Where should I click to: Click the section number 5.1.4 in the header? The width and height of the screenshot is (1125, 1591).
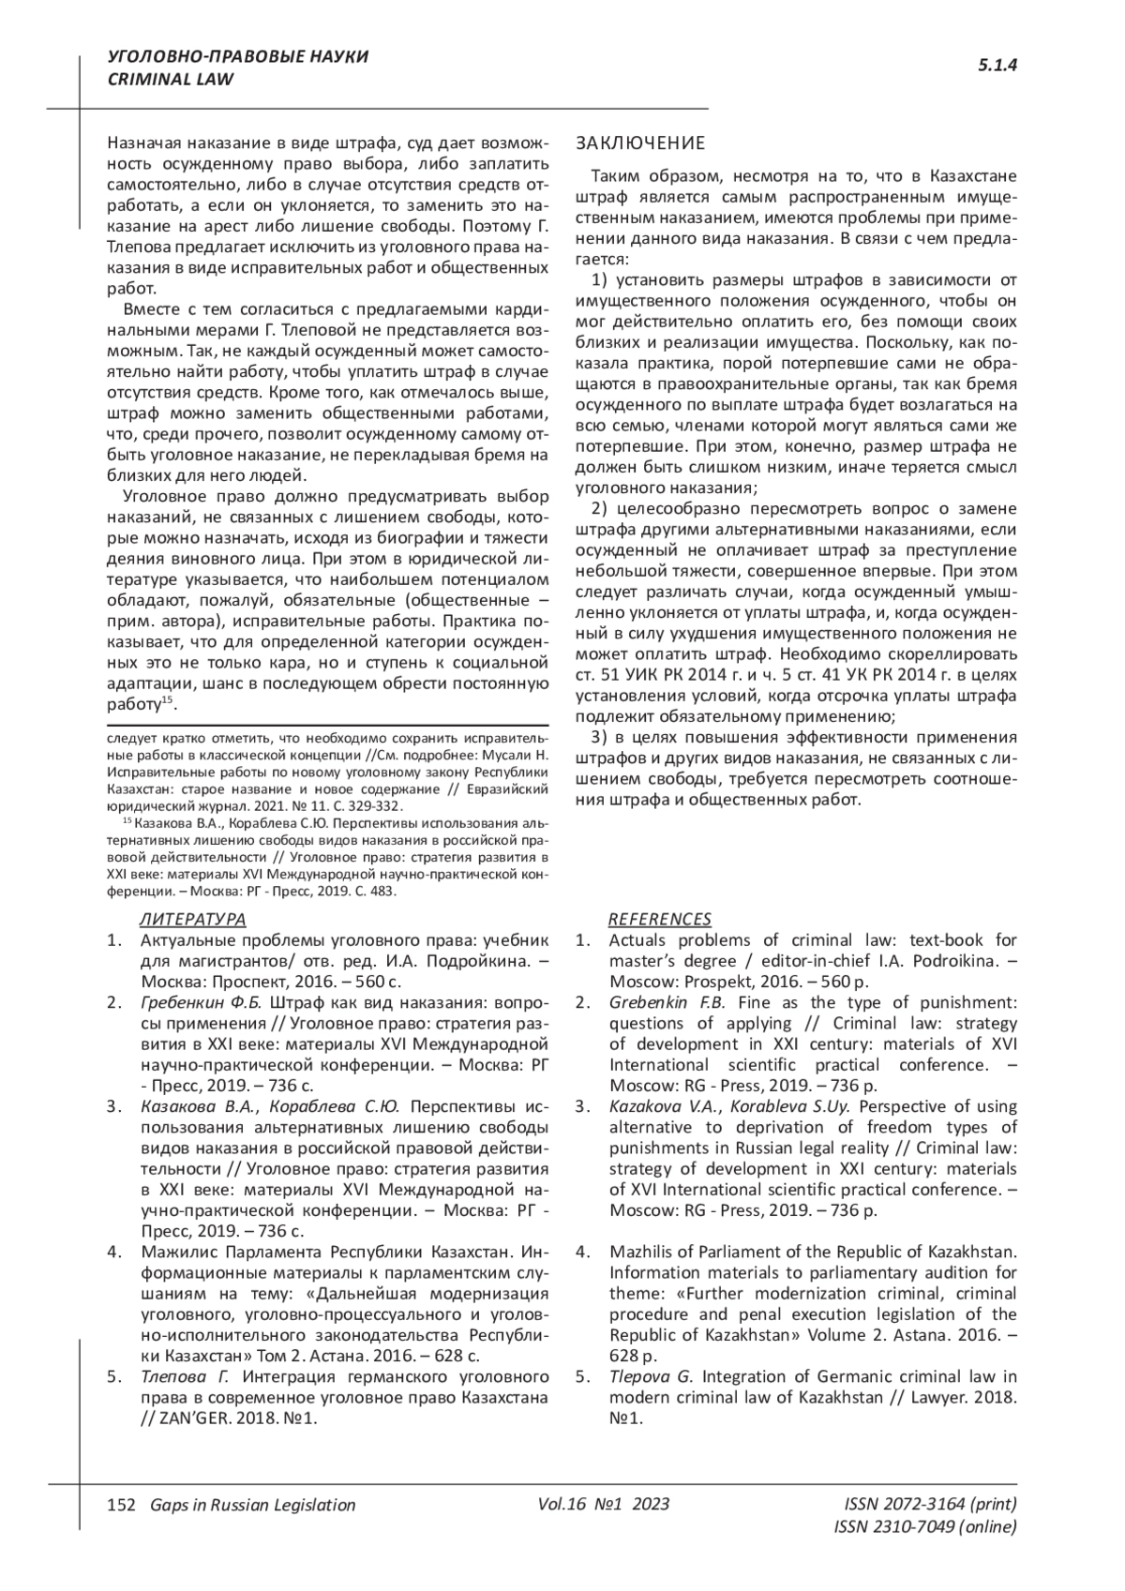(x=997, y=65)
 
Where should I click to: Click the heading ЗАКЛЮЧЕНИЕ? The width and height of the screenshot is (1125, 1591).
(x=639, y=143)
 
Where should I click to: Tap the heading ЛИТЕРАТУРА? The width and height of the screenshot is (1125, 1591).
(x=192, y=919)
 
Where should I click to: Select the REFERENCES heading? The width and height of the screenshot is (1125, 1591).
(x=660, y=919)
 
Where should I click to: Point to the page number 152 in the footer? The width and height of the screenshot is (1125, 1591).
(x=121, y=1505)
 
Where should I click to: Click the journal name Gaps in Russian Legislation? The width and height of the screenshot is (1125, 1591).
(x=247, y=1505)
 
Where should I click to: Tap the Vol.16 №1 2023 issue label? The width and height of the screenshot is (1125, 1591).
(x=604, y=1504)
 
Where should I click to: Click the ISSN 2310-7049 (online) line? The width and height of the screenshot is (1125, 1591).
(x=924, y=1526)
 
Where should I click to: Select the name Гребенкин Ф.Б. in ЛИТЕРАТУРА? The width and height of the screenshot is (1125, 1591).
(x=201, y=1002)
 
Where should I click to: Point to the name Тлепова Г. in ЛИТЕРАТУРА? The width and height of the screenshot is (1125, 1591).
(x=185, y=1376)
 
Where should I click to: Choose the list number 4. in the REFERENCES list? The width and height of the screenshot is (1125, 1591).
(x=582, y=1252)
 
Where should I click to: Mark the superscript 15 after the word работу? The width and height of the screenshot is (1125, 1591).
(x=167, y=700)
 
